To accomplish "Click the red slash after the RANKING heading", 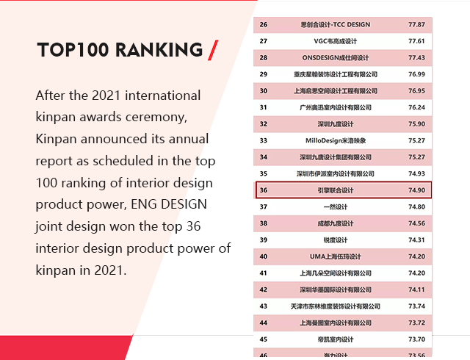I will (x=214, y=50).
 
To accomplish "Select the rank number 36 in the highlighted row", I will (x=264, y=190).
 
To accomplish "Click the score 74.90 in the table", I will (x=416, y=190).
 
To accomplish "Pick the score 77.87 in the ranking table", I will (x=416, y=24).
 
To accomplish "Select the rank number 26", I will (x=264, y=24).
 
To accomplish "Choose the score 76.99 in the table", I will (x=416, y=74).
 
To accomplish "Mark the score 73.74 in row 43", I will (x=416, y=306).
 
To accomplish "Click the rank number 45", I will (x=264, y=339).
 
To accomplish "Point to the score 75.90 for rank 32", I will (x=416, y=124).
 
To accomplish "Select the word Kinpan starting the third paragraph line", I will (x=54, y=139).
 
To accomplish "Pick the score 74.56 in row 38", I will (x=416, y=223).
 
